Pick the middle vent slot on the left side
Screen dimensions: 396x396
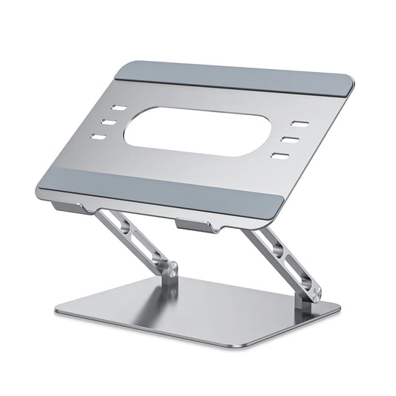tap(106, 120)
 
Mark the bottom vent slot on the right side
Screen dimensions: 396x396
tap(280, 156)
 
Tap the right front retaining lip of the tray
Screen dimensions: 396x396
tap(195, 225)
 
